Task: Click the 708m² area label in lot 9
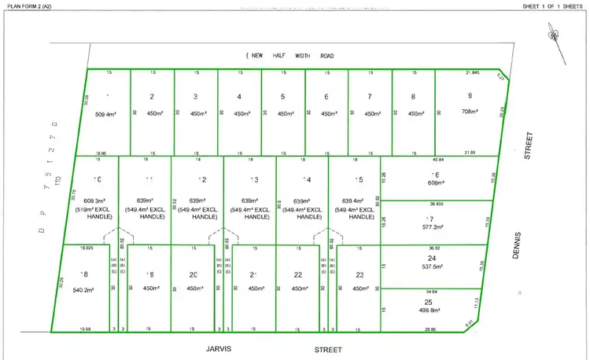point(470,112)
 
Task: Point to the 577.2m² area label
point(433,227)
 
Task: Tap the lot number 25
point(429,302)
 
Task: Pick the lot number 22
point(299,274)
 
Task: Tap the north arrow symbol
point(554,38)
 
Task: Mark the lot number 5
point(283,97)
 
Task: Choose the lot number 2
point(151,97)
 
